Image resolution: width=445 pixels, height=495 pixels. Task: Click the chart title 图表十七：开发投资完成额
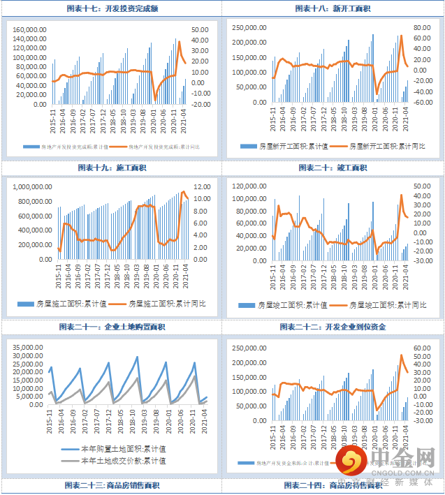coord(112,8)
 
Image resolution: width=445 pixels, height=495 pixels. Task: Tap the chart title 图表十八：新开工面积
coord(333,8)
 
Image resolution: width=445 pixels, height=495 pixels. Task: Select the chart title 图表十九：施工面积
coord(112,168)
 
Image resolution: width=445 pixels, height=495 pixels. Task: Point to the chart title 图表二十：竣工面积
coord(333,168)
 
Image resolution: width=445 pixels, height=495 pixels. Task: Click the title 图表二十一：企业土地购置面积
coord(112,327)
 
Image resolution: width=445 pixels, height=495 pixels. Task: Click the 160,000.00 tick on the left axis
coord(31,30)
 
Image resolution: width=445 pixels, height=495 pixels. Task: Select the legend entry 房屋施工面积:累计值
coord(78,304)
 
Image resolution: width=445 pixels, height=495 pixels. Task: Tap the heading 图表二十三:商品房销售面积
coord(112,485)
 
